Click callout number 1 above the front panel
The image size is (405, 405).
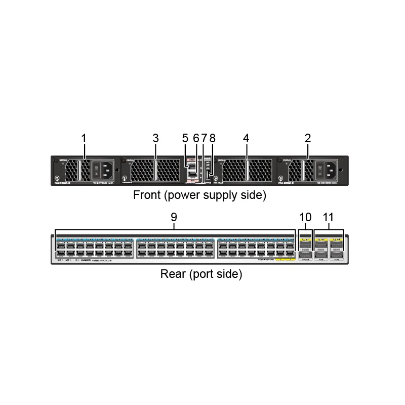click(x=84, y=138)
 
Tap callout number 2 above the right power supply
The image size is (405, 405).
click(x=308, y=138)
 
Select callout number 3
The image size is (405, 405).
click(x=156, y=138)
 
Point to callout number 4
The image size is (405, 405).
click(x=246, y=138)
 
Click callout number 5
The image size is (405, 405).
click(x=185, y=138)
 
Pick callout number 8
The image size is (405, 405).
click(x=212, y=138)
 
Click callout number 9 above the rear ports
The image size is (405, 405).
click(x=174, y=217)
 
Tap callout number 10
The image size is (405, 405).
click(x=305, y=217)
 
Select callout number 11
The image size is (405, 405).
click(x=329, y=217)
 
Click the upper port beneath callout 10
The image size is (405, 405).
click(x=305, y=244)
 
